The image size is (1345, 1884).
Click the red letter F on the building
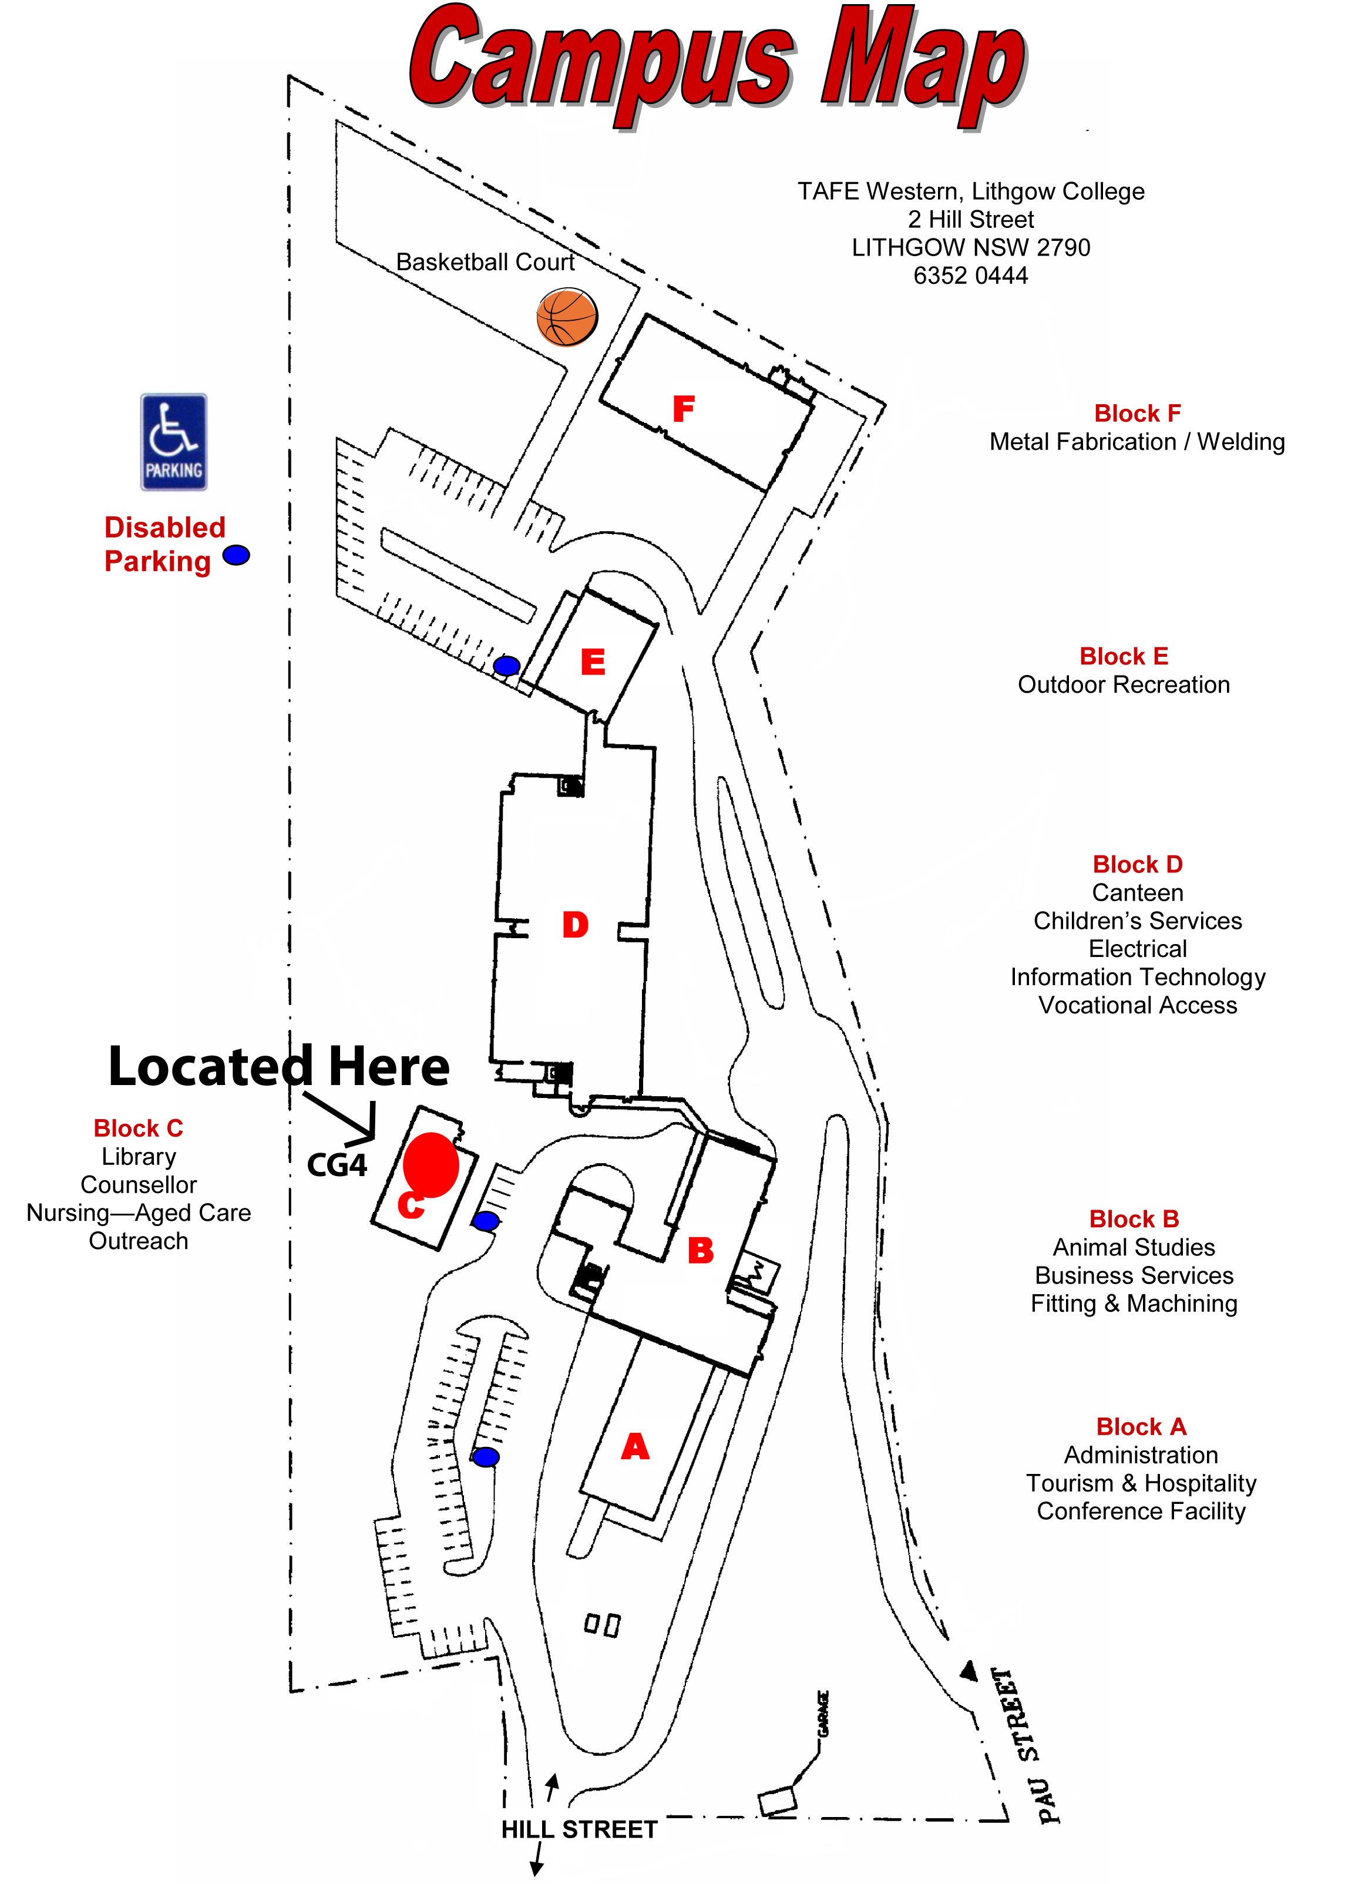point(683,408)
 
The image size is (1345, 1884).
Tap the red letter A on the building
point(635,1447)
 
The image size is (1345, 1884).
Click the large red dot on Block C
point(431,1164)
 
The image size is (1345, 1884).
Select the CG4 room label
point(336,1165)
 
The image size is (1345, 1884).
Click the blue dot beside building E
point(506,665)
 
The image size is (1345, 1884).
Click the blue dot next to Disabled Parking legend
point(236,555)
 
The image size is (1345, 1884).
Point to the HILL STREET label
point(579,1829)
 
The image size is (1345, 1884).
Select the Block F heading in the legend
point(1137,413)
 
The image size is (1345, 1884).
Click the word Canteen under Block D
point(1137,893)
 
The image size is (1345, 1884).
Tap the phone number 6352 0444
point(971,276)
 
